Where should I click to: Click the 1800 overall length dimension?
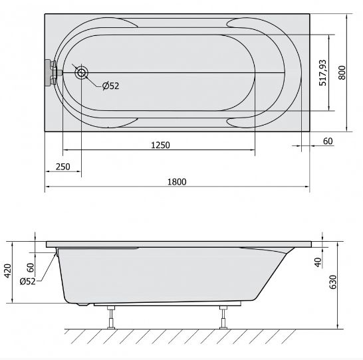177,182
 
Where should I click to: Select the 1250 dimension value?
160,145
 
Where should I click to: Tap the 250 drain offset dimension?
62,167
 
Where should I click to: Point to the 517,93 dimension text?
322,72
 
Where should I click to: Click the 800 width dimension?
342,72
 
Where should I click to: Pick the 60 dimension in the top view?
328,141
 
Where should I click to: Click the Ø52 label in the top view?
110,86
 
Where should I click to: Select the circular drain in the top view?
82,73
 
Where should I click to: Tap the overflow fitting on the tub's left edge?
53,73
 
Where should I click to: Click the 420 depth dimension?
7,271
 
